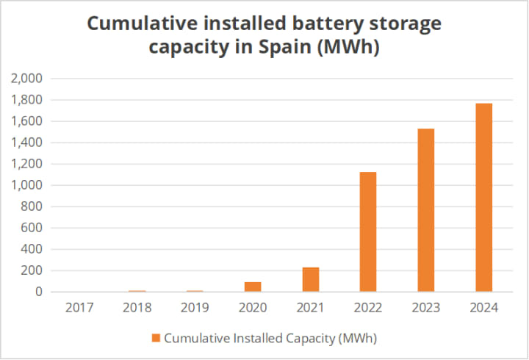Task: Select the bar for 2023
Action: [x=426, y=210]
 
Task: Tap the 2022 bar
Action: [x=368, y=231]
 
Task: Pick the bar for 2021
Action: [x=311, y=279]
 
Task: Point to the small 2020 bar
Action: [x=253, y=287]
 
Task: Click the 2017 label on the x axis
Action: [x=79, y=307]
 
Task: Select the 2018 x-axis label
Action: [x=137, y=307]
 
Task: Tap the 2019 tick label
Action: [x=195, y=307]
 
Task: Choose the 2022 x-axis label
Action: [x=368, y=307]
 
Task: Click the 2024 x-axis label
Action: [x=483, y=307]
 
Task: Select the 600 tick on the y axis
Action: [x=34, y=228]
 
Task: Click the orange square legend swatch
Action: [x=156, y=338]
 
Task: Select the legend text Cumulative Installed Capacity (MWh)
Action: [x=270, y=338]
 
